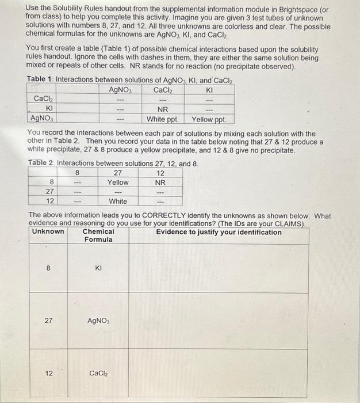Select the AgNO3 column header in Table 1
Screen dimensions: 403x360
(x=121, y=89)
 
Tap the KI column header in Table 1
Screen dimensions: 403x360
(x=209, y=89)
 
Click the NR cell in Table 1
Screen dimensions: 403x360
(x=163, y=109)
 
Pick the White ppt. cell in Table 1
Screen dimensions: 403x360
(x=163, y=119)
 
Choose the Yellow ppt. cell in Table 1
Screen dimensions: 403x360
(x=209, y=119)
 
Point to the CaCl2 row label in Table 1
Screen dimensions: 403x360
(x=44, y=99)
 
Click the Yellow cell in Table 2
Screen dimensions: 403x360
(x=118, y=182)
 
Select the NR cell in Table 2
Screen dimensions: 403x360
(x=160, y=182)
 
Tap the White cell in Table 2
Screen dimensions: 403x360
(x=118, y=201)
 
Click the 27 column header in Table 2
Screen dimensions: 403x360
(x=118, y=172)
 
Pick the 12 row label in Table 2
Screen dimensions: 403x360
(x=50, y=201)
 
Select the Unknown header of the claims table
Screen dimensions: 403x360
(x=48, y=232)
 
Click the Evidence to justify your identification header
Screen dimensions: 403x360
(x=219, y=232)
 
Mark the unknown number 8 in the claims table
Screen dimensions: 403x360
(x=48, y=268)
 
